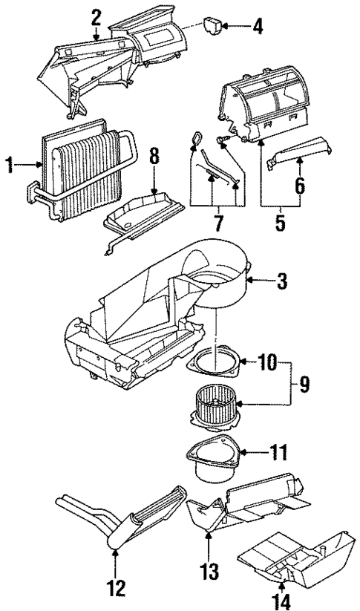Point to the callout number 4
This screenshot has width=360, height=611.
pyautogui.click(x=257, y=28)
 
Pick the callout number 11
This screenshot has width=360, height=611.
pyautogui.click(x=279, y=450)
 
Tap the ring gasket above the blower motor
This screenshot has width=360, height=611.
pyautogui.click(x=216, y=363)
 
